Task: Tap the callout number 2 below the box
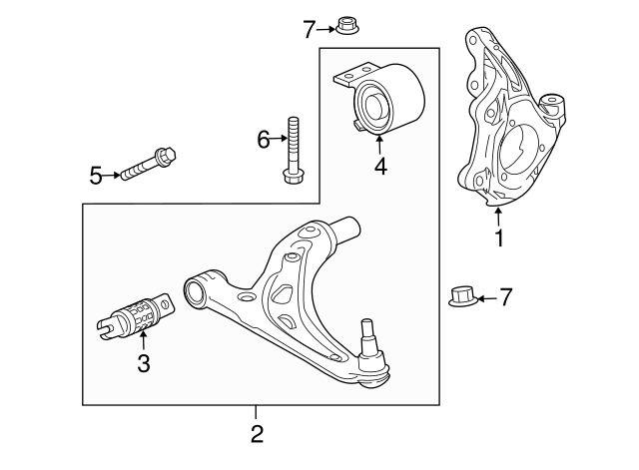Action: pos(257,433)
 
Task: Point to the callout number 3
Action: pos(143,364)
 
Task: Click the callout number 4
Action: pos(380,167)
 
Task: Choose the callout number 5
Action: pos(96,177)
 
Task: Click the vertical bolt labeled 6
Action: pos(294,150)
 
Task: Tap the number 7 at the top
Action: pos(310,29)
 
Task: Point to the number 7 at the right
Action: pos(505,296)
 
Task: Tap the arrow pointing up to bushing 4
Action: pos(380,145)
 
